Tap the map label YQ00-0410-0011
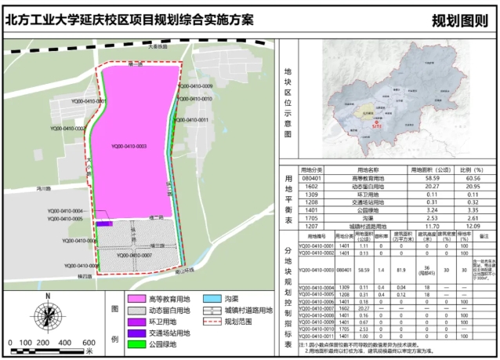[x=191, y=120]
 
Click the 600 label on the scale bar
[x=88, y=343]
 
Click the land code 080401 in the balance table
[x=311, y=179]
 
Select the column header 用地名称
[x=368, y=169]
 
